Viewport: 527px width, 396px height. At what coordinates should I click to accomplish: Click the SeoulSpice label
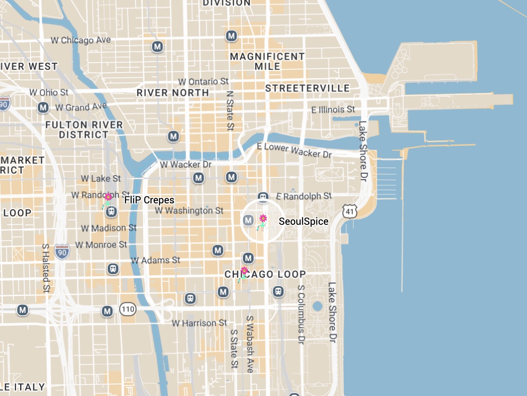click(x=303, y=221)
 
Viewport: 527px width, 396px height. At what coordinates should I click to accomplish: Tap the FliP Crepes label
click(x=149, y=200)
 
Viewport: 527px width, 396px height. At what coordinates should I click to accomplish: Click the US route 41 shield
click(x=349, y=212)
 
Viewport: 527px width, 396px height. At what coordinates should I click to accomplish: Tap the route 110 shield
click(x=128, y=309)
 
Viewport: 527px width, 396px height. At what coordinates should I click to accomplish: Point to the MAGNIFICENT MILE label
click(x=267, y=61)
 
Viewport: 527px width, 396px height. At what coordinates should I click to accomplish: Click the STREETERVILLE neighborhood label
click(x=307, y=88)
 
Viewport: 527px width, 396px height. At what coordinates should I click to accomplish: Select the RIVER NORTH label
click(x=173, y=93)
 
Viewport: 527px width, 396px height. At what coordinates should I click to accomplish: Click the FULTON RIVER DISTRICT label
click(x=84, y=130)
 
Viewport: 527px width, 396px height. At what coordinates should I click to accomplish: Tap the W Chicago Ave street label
click(x=81, y=40)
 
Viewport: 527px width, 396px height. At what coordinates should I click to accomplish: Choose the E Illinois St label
click(x=333, y=109)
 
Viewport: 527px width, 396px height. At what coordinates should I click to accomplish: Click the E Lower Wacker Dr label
click(x=294, y=150)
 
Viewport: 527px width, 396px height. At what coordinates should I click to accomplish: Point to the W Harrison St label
click(x=199, y=323)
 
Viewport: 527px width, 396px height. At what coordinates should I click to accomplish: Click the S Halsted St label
click(x=46, y=268)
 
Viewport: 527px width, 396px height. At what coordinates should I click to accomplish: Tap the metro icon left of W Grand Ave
click(x=43, y=108)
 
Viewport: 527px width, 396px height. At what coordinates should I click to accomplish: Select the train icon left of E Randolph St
click(x=263, y=197)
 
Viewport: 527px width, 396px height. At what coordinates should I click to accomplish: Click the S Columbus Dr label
click(x=301, y=314)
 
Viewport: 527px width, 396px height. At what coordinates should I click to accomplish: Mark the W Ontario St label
click(x=203, y=82)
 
